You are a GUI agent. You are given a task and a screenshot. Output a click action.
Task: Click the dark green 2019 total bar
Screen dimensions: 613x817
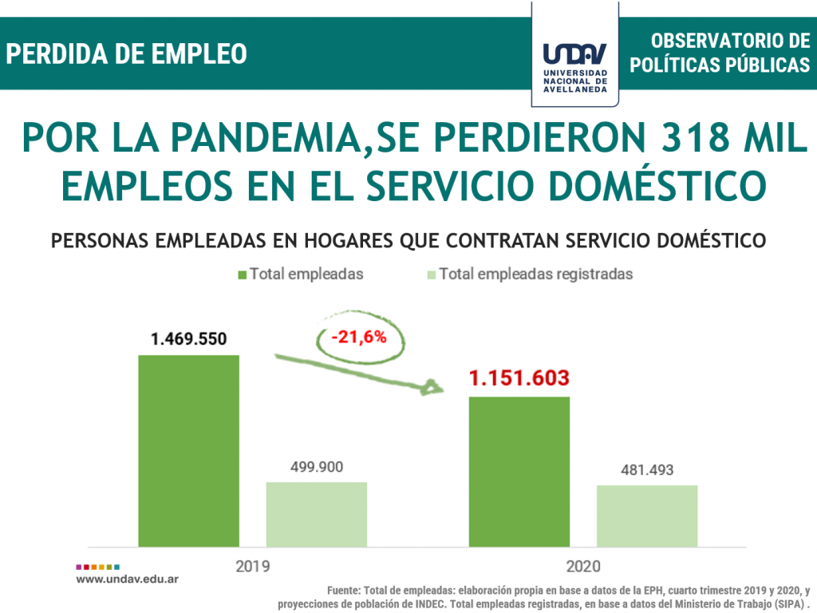(x=188, y=451)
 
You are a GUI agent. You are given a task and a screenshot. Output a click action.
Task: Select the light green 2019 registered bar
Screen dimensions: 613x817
(x=316, y=514)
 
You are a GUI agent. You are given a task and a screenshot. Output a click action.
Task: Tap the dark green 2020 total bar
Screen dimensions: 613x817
(x=519, y=472)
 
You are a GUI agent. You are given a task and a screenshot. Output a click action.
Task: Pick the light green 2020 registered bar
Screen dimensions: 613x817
(x=647, y=516)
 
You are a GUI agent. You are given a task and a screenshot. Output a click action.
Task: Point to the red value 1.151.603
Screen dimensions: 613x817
(x=519, y=379)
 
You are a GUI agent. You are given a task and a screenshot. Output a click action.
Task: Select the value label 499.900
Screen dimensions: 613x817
(x=316, y=467)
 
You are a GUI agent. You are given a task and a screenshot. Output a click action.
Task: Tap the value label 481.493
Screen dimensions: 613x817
(x=647, y=470)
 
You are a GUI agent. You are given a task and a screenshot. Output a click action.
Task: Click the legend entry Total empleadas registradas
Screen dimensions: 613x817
(x=535, y=274)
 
